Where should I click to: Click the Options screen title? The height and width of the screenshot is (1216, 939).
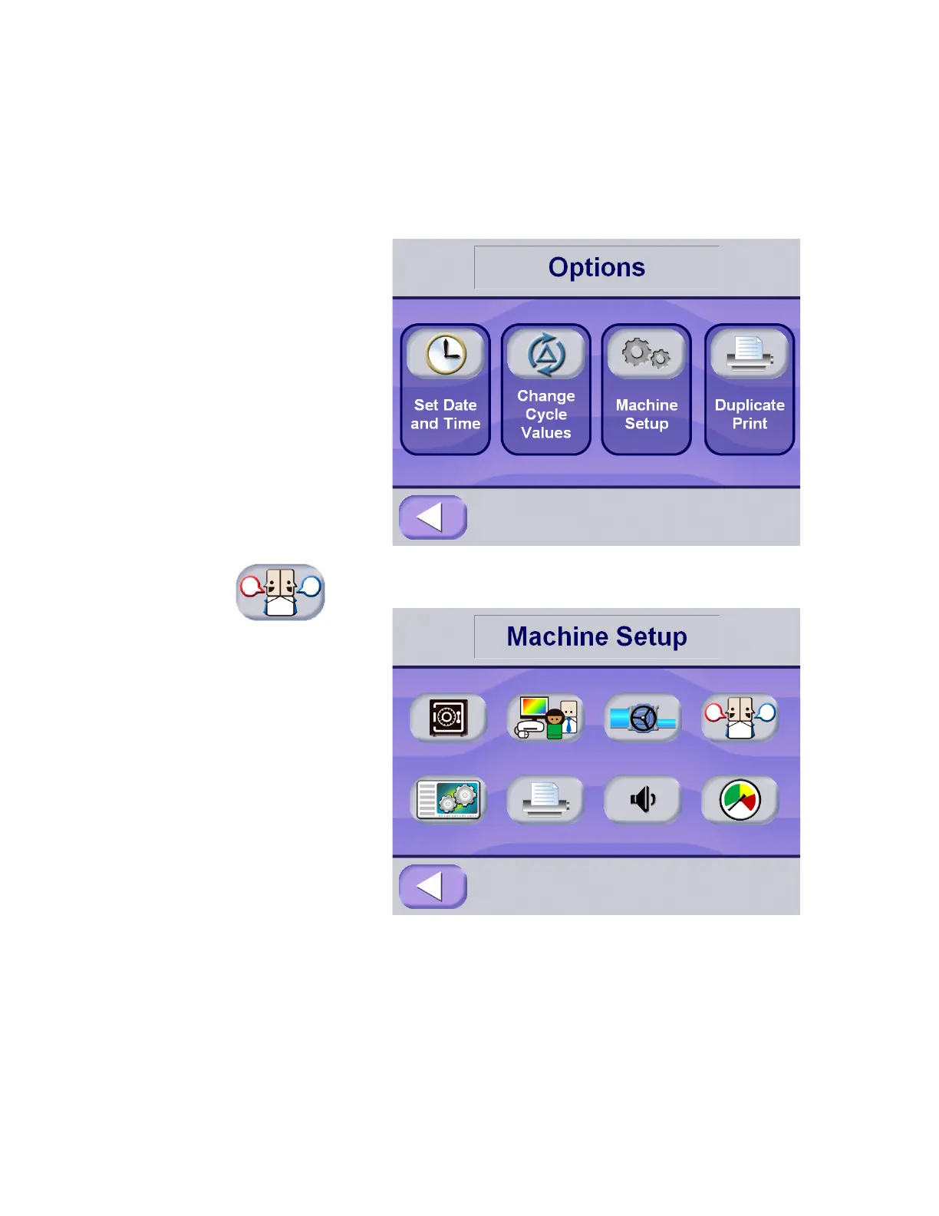click(596, 267)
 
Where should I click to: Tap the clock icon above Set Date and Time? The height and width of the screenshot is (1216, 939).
click(445, 354)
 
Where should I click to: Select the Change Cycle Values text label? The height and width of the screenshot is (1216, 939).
click(545, 415)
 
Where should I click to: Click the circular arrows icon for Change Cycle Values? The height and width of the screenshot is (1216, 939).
click(545, 354)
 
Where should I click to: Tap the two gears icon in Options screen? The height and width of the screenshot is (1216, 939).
click(646, 354)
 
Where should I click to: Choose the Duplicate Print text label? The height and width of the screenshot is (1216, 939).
click(750, 415)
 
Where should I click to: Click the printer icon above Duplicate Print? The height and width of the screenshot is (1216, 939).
click(749, 354)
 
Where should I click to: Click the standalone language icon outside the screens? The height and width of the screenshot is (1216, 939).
click(280, 592)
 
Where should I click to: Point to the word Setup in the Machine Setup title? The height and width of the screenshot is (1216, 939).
click(651, 636)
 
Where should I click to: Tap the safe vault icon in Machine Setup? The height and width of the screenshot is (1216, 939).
click(448, 718)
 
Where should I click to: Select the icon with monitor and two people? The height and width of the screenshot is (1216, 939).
click(545, 718)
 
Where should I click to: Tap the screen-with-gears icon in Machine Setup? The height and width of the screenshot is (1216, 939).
click(448, 799)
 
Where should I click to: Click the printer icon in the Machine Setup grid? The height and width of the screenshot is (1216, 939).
click(545, 799)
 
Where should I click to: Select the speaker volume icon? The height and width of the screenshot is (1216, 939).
click(643, 800)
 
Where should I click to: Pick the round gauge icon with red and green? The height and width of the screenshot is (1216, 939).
click(740, 800)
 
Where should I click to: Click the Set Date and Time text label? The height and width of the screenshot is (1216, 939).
click(445, 415)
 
